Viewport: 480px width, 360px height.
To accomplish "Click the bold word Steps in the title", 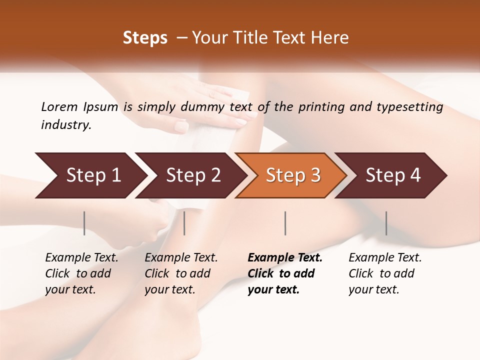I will (145, 38).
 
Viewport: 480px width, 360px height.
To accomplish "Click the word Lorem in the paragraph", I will (59, 107).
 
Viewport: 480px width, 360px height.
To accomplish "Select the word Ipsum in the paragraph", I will (102, 107).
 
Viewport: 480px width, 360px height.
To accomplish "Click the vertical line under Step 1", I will (84, 223).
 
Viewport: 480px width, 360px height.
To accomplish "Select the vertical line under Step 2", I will (184, 223).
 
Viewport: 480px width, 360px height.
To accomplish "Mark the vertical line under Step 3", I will (285, 223).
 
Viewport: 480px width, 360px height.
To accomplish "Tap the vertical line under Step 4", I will (386, 223).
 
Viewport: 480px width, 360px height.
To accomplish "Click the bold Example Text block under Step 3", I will (284, 273).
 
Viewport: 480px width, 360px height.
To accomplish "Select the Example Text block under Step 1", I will (81, 273).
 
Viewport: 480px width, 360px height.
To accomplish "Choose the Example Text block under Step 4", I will (385, 273).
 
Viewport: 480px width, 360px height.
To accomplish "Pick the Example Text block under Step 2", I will (181, 273).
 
